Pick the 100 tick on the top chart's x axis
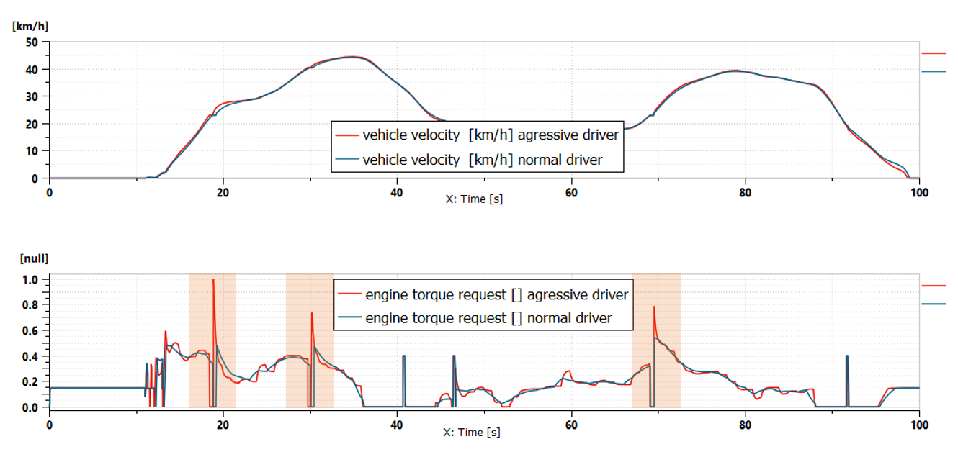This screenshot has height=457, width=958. (918, 192)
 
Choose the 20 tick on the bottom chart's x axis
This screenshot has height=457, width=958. (223, 425)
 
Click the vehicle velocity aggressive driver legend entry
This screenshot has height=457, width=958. (475, 135)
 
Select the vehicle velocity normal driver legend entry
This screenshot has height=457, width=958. (475, 160)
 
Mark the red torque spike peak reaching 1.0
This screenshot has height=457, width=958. (213, 280)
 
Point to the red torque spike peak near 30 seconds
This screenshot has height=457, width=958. (312, 313)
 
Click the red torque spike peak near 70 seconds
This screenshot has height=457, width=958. (654, 307)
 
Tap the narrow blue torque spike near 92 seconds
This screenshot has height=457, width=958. (847, 356)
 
